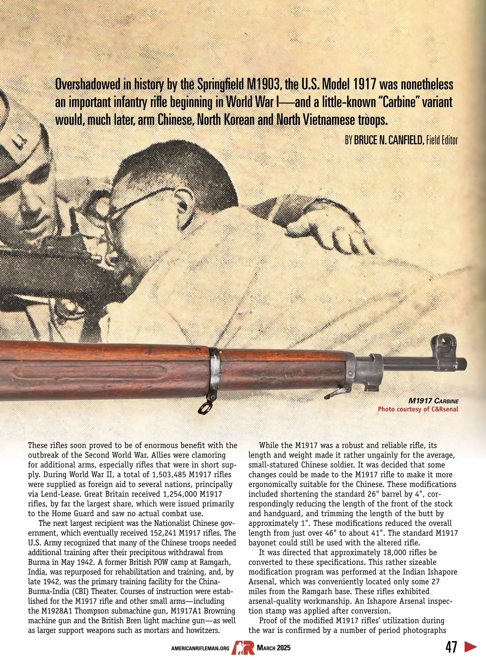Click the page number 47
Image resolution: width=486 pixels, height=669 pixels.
pyautogui.click(x=451, y=647)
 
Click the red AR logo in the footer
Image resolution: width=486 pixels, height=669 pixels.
pyautogui.click(x=243, y=648)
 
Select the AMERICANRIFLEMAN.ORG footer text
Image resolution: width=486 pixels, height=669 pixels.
pyautogui.click(x=200, y=648)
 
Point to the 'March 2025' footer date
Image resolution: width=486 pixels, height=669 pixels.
pyautogui.click(x=273, y=648)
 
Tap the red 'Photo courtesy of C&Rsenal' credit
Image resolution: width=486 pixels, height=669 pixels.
pyautogui.click(x=418, y=409)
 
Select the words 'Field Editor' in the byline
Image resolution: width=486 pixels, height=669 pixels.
pyautogui.click(x=442, y=141)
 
